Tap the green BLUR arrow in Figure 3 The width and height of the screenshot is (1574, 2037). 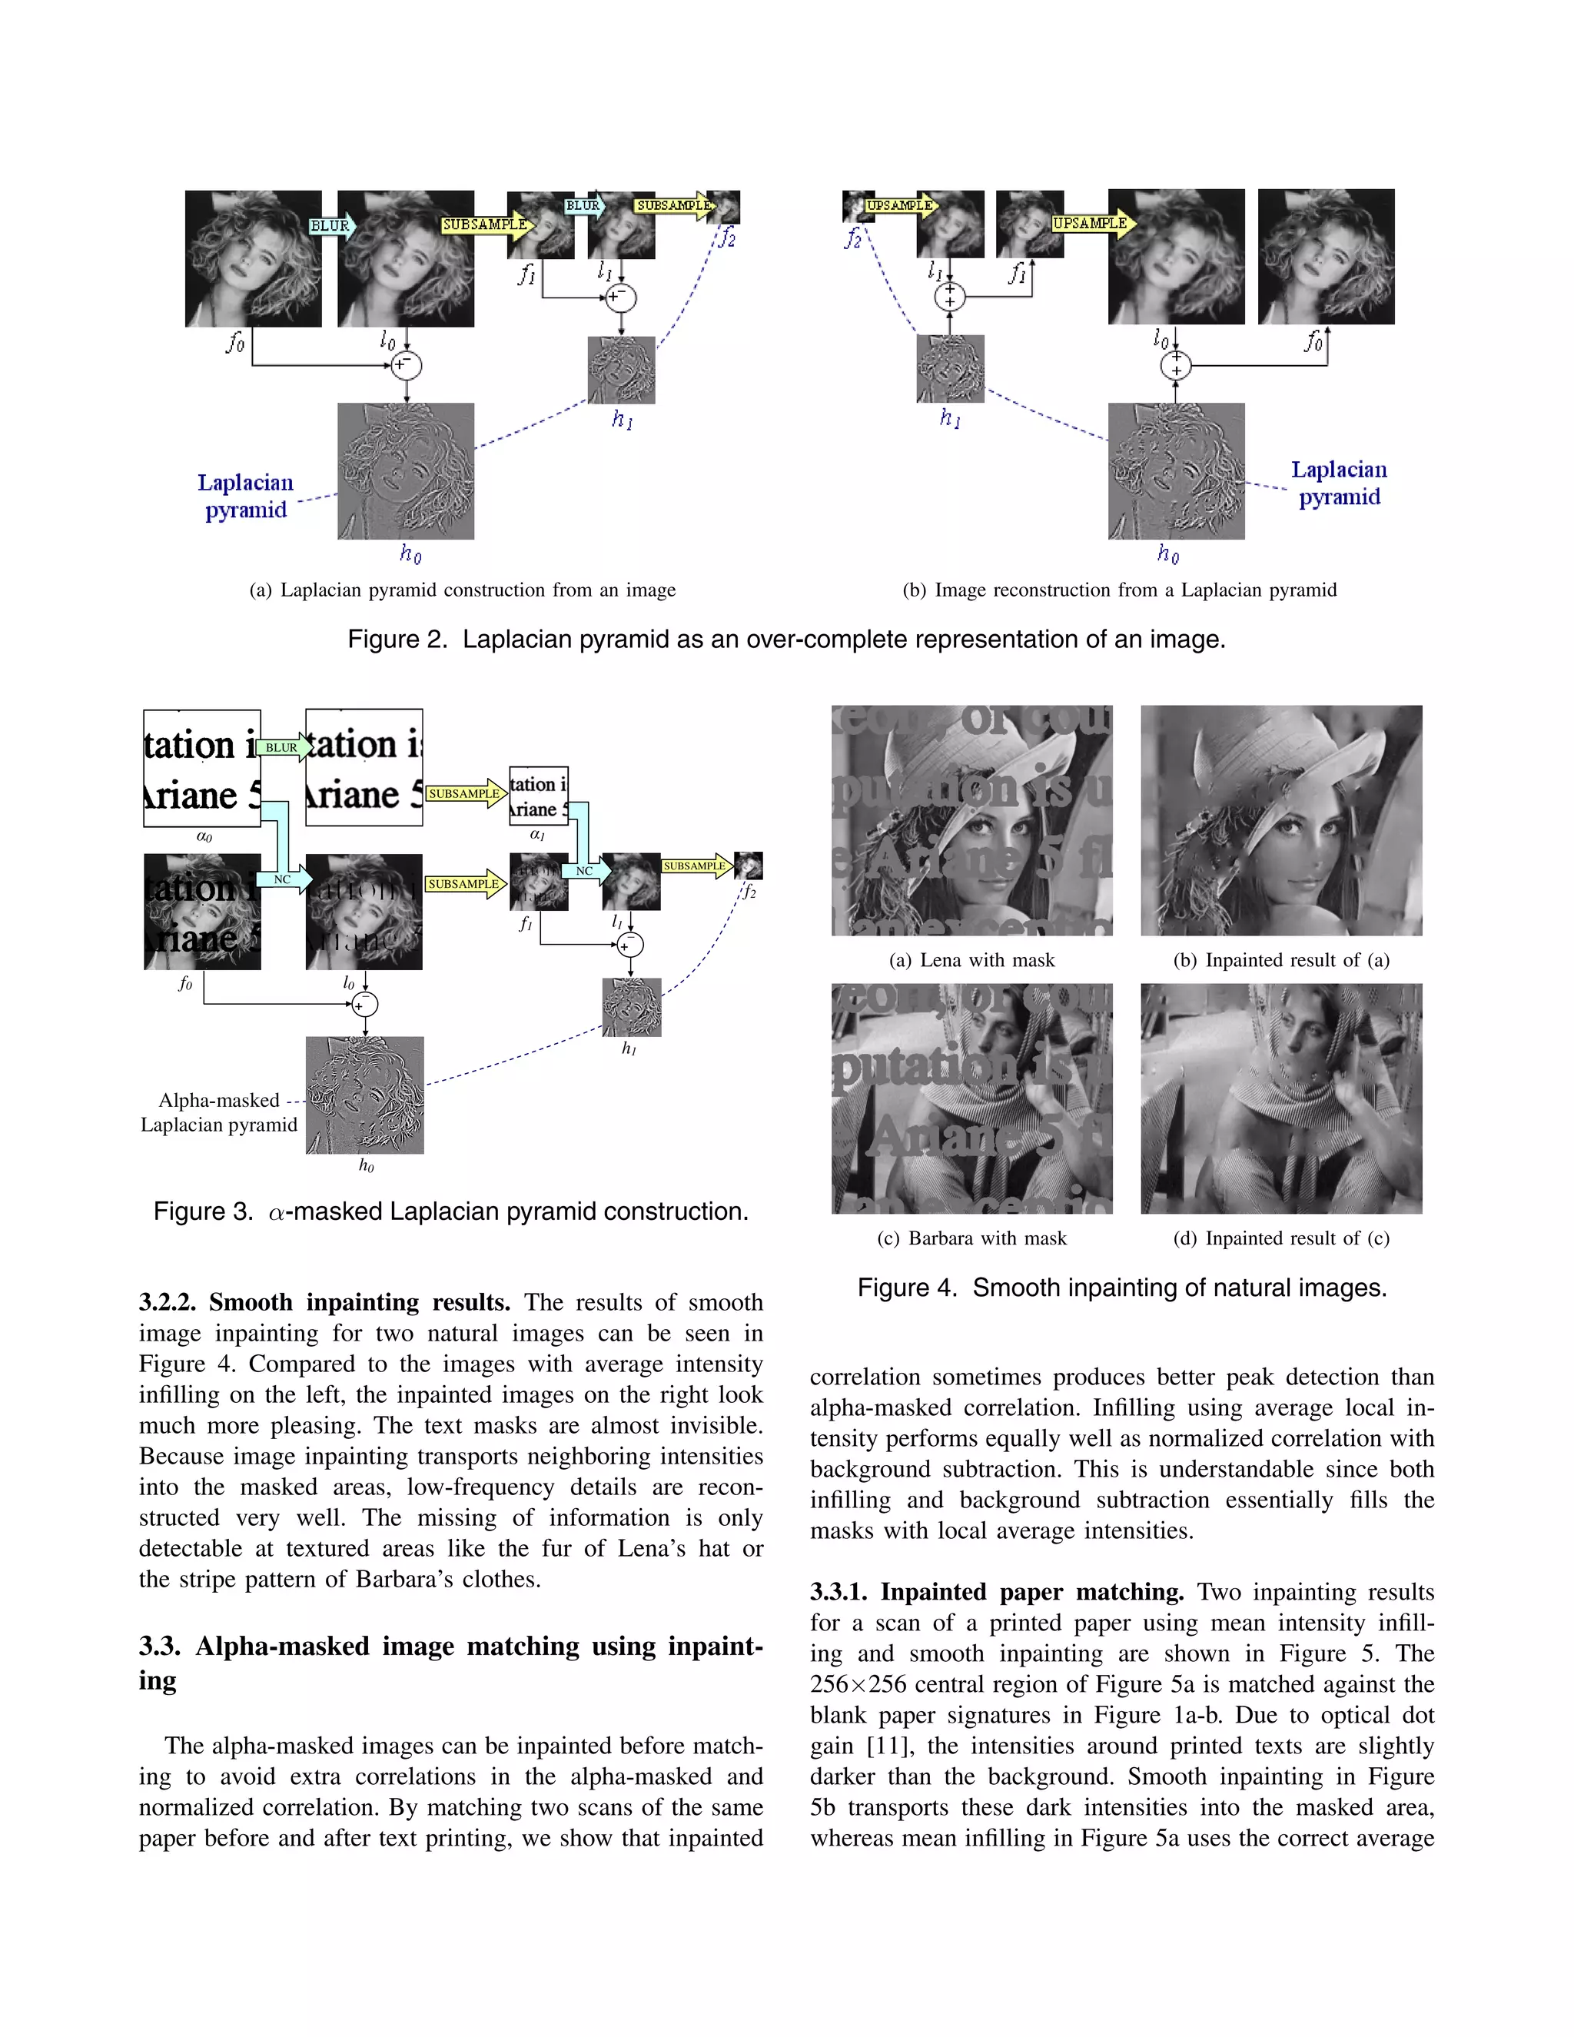click(283, 747)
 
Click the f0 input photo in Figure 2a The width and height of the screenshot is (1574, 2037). click(253, 258)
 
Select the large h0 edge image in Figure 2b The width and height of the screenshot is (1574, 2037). click(1176, 471)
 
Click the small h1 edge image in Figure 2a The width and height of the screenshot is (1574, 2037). click(621, 369)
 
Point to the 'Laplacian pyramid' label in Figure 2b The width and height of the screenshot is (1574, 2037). click(1339, 483)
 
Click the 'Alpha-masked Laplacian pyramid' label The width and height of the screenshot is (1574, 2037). click(219, 1112)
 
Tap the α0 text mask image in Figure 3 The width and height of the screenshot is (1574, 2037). click(201, 768)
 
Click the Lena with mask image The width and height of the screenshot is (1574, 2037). click(971, 820)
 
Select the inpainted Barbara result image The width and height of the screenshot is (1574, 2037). click(1281, 1098)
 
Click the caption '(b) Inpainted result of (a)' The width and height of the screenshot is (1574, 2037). click(1281, 960)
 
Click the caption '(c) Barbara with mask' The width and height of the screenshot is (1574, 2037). click(971, 1238)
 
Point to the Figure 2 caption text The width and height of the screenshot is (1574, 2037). click(786, 639)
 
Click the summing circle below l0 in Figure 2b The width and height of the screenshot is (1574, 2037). click(1176, 364)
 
